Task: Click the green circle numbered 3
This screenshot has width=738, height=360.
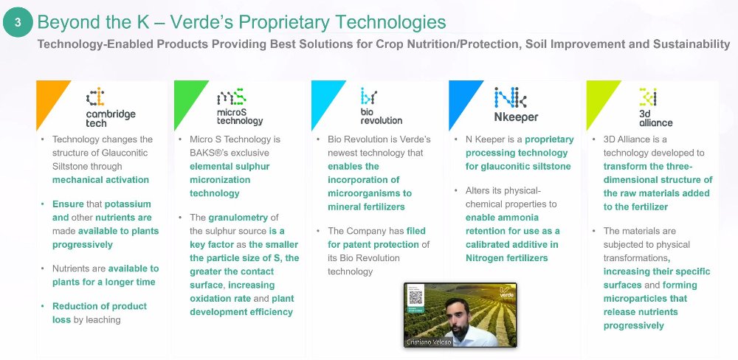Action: click(x=18, y=22)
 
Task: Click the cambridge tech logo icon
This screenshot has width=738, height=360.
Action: click(x=95, y=97)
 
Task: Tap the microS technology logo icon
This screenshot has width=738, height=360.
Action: click(x=232, y=97)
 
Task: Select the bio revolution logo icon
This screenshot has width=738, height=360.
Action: click(x=369, y=96)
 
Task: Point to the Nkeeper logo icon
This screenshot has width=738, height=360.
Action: click(x=510, y=97)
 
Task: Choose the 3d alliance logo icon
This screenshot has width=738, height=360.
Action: click(x=648, y=97)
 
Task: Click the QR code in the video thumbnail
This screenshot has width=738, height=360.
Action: click(x=415, y=297)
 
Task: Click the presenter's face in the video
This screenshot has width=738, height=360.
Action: click(x=455, y=314)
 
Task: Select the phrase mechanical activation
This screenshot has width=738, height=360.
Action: click(x=100, y=180)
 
